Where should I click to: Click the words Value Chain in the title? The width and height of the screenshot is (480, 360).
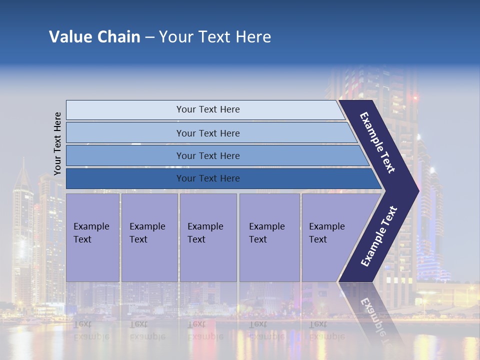(x=94, y=37)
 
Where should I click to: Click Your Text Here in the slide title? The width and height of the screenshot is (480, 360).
(x=215, y=37)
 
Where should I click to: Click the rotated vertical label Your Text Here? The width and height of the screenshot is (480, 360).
(x=57, y=143)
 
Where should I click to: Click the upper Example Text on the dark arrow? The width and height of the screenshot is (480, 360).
(x=377, y=142)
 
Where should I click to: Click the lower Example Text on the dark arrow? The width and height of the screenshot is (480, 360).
(x=379, y=236)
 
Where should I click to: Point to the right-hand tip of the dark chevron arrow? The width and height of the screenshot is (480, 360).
(x=417, y=190)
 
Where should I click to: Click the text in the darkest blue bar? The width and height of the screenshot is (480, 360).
(x=208, y=178)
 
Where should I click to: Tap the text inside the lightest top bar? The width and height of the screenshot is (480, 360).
(x=208, y=109)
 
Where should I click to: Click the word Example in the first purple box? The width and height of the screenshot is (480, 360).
(x=91, y=226)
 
